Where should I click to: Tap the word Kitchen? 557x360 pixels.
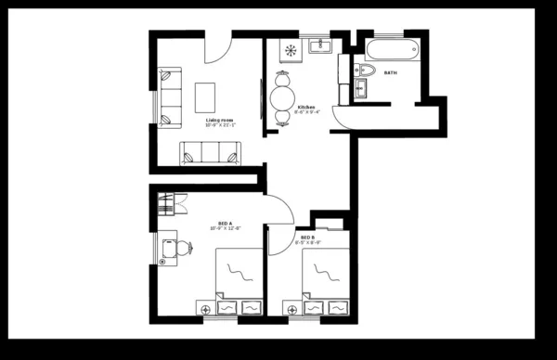(x=306, y=108)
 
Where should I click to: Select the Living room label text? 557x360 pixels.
(x=220, y=119)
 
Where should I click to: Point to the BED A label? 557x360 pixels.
(x=225, y=224)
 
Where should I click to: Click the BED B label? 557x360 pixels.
(x=306, y=238)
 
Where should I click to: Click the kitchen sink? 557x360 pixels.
(x=319, y=43)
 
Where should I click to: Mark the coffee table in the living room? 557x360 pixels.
(x=206, y=95)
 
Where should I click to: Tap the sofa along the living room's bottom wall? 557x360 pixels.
(x=209, y=152)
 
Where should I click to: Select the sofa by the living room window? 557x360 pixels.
(x=170, y=96)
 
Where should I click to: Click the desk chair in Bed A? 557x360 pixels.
(x=183, y=247)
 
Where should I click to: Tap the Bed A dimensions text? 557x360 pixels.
(x=226, y=230)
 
